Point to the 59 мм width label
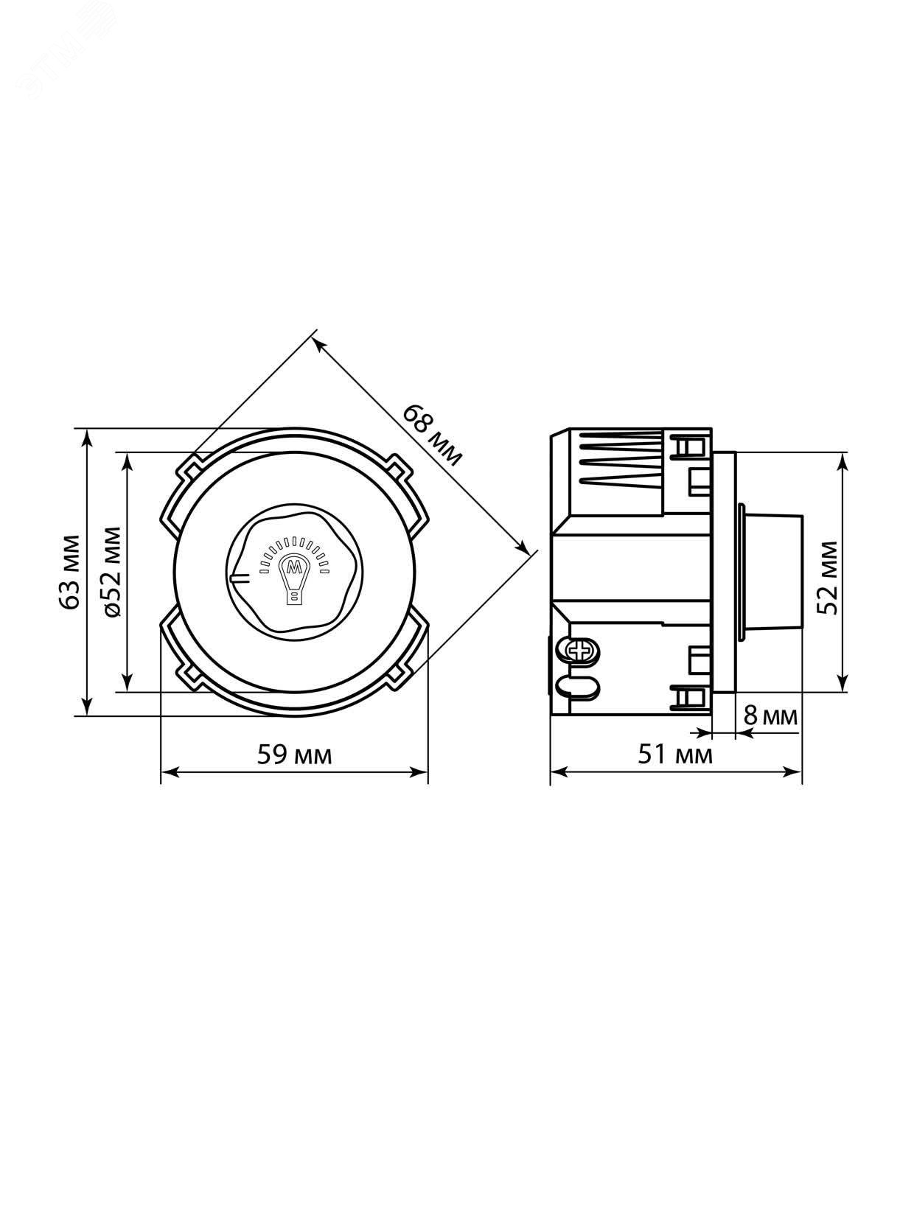[x=294, y=755]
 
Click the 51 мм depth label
[x=675, y=755]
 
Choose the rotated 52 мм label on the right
[x=828, y=578]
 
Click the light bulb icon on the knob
[x=294, y=576]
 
